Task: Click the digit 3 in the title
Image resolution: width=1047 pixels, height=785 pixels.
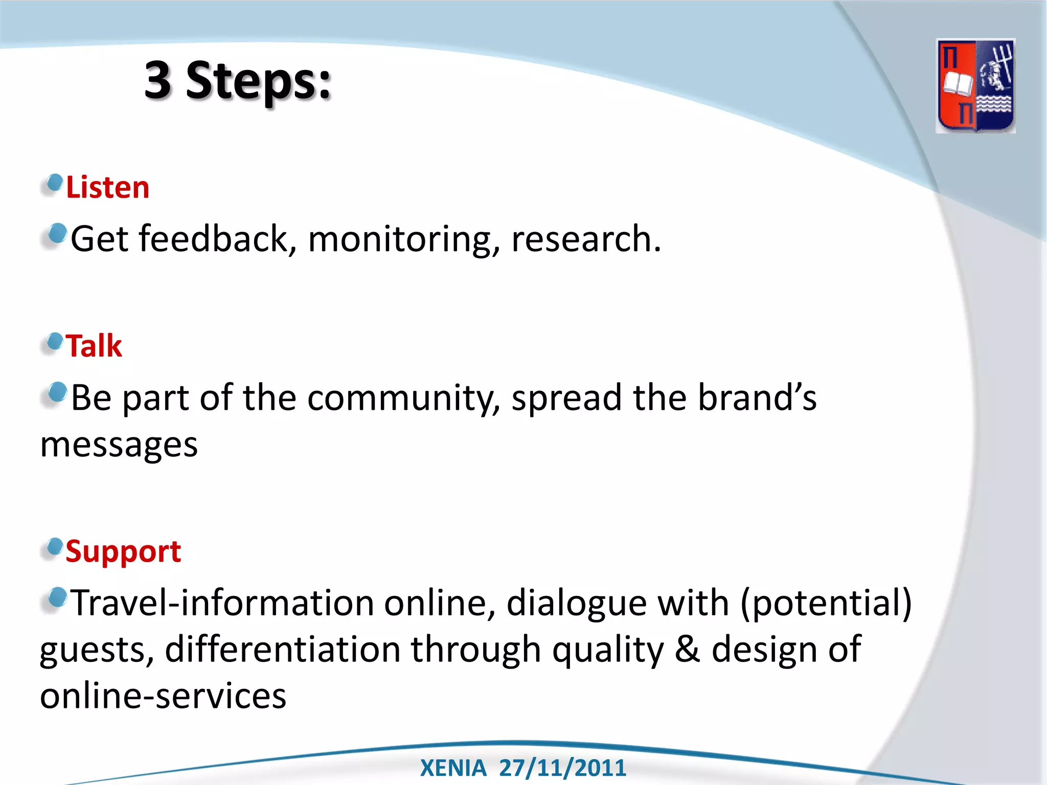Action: [157, 81]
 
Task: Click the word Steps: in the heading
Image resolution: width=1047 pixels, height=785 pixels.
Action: [259, 82]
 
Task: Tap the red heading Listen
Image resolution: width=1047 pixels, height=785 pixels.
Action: [108, 188]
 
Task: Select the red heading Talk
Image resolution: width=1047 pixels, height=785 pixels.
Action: [94, 346]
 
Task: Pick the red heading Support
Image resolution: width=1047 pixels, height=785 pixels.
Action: [123, 552]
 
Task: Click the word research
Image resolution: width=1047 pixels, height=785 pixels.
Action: [586, 239]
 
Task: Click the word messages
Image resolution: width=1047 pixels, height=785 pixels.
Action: [119, 445]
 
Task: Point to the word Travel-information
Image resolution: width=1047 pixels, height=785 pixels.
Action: [222, 603]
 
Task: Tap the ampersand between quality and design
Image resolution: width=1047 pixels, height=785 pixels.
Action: [687, 650]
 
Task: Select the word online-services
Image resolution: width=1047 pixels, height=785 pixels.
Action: [163, 696]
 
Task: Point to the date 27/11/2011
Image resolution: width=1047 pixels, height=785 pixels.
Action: [562, 768]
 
